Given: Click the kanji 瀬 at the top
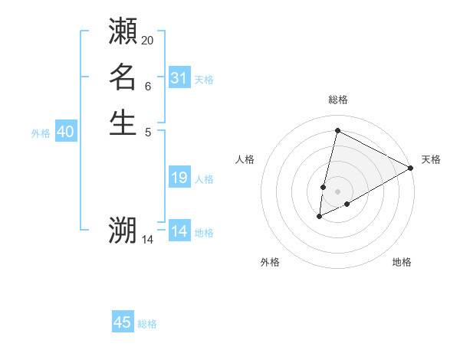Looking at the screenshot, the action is click(123, 31).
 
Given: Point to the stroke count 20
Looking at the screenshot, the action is click(148, 40).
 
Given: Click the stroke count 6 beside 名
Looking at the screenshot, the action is click(148, 86).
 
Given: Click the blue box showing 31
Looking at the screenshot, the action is click(179, 78).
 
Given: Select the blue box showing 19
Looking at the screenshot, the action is click(179, 178).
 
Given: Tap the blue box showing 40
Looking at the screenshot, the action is click(65, 132).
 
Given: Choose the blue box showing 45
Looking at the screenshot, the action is click(123, 322).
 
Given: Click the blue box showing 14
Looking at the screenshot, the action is click(179, 231).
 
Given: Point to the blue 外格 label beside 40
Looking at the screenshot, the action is click(41, 133).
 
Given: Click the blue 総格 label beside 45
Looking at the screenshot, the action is click(147, 324).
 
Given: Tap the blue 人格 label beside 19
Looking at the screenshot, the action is click(204, 179).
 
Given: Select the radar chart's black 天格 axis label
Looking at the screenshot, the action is click(431, 159).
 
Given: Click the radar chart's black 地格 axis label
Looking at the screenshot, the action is click(402, 262).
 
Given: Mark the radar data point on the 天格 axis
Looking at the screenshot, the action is click(411, 168).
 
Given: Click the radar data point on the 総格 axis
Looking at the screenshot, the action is click(337, 130).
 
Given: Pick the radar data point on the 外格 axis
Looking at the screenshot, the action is click(320, 217).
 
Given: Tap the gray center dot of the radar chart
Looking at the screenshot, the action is click(337, 191).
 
